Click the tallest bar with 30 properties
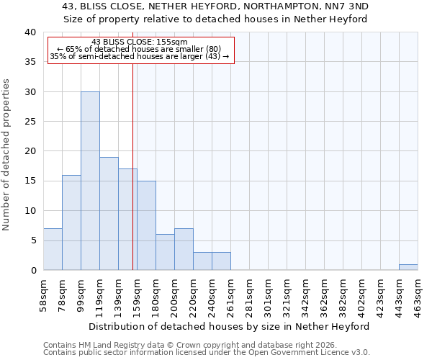[x=90, y=181]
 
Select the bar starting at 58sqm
[x=53, y=249]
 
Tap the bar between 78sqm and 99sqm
[x=71, y=222]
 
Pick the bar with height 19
[x=109, y=213]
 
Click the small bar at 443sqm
[x=408, y=267]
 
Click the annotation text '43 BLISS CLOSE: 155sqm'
[x=140, y=42]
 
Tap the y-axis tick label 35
[x=30, y=62]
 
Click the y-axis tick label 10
[x=30, y=211]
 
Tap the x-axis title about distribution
[x=230, y=326]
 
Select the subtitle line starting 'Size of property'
[x=215, y=19]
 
